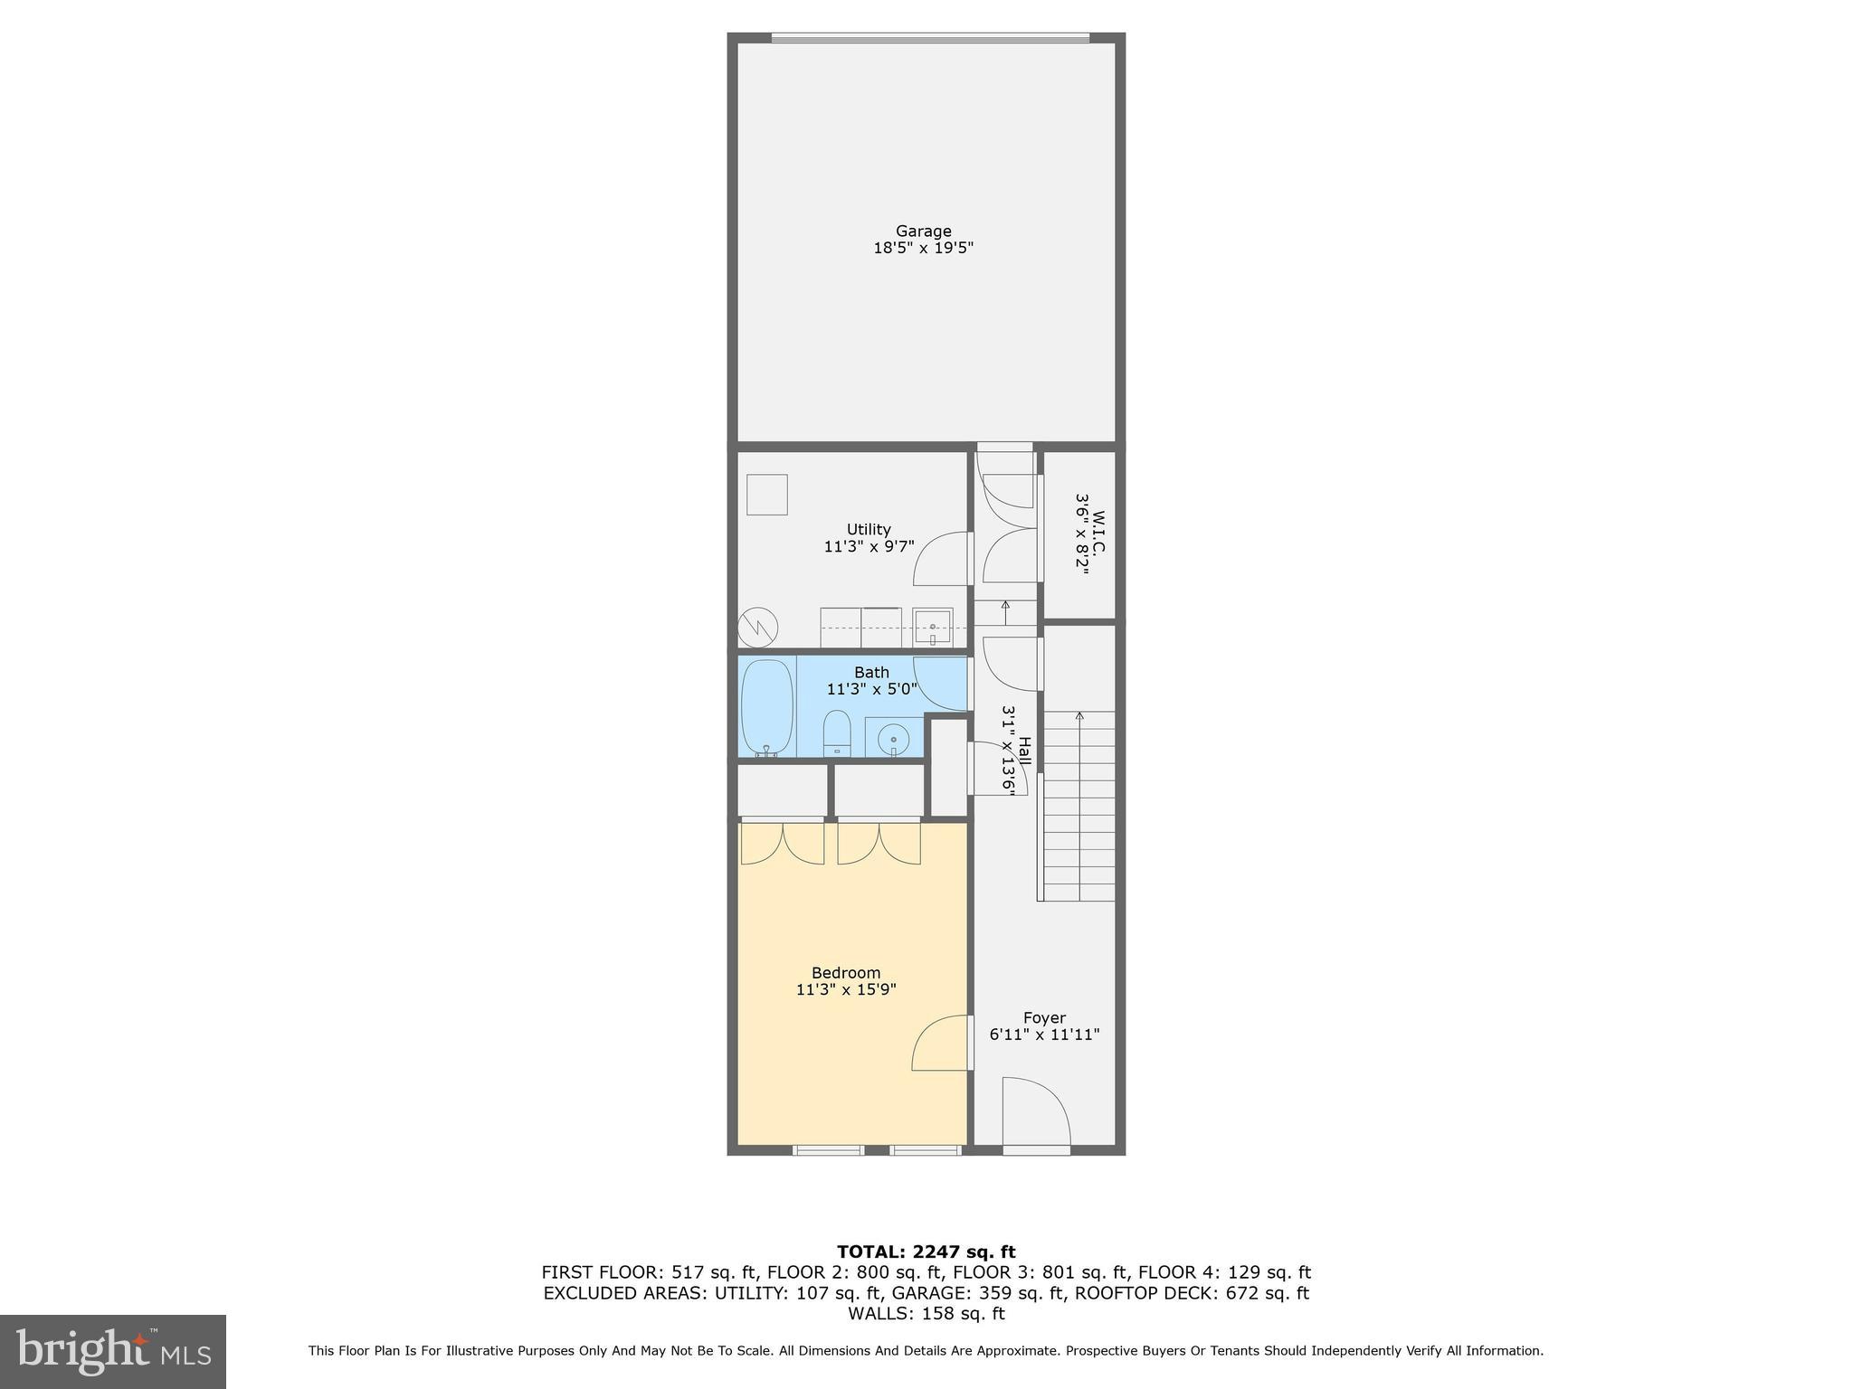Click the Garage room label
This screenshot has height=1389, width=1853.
click(x=923, y=231)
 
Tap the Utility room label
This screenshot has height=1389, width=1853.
click(x=869, y=529)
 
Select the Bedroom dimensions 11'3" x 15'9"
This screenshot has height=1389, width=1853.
click(x=846, y=989)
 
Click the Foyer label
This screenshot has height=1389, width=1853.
click(x=1044, y=1017)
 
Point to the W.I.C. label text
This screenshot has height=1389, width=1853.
click(x=1098, y=534)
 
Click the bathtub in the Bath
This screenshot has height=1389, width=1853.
click(x=767, y=707)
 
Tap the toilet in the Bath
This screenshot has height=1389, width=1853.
click(x=837, y=732)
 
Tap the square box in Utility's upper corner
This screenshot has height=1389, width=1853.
click(x=766, y=495)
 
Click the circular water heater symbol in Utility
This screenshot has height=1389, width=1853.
click(x=758, y=626)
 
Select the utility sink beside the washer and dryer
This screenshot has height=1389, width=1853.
click(x=932, y=626)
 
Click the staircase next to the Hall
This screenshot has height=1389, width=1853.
click(x=1079, y=805)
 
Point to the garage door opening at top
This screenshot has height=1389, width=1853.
click(x=929, y=38)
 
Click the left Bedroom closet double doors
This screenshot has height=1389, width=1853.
click(x=783, y=843)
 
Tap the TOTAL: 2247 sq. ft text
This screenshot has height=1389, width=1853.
click(x=926, y=1252)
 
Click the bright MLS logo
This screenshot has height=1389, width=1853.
click(x=113, y=1351)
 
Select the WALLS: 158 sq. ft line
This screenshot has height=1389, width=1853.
click(x=926, y=1314)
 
